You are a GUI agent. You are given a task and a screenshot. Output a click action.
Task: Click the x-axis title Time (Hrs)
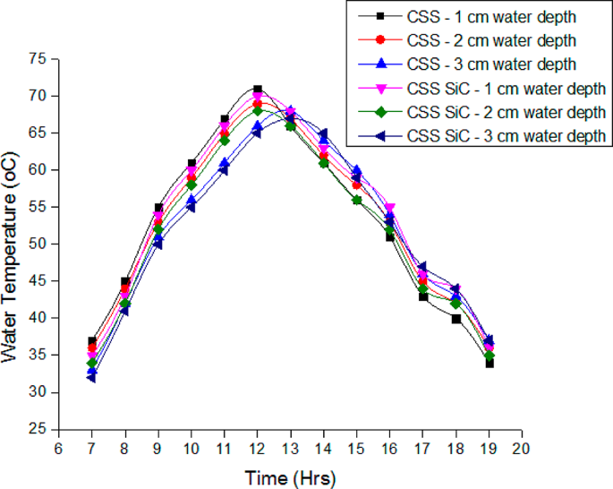[290, 479]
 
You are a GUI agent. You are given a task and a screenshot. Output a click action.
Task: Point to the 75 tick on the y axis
[37, 59]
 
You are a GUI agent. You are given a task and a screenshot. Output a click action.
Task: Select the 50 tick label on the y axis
[37, 244]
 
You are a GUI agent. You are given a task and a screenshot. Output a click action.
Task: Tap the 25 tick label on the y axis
[37, 430]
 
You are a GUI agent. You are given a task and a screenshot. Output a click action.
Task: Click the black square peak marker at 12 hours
[258, 90]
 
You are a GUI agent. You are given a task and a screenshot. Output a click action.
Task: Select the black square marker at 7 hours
[92, 341]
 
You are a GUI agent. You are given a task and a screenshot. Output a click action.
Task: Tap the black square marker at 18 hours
[455, 319]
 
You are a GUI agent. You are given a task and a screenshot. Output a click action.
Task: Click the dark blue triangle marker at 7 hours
[92, 378]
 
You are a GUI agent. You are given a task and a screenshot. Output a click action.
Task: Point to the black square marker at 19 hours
[489, 364]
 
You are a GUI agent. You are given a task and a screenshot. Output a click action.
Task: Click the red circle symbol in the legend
[379, 40]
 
